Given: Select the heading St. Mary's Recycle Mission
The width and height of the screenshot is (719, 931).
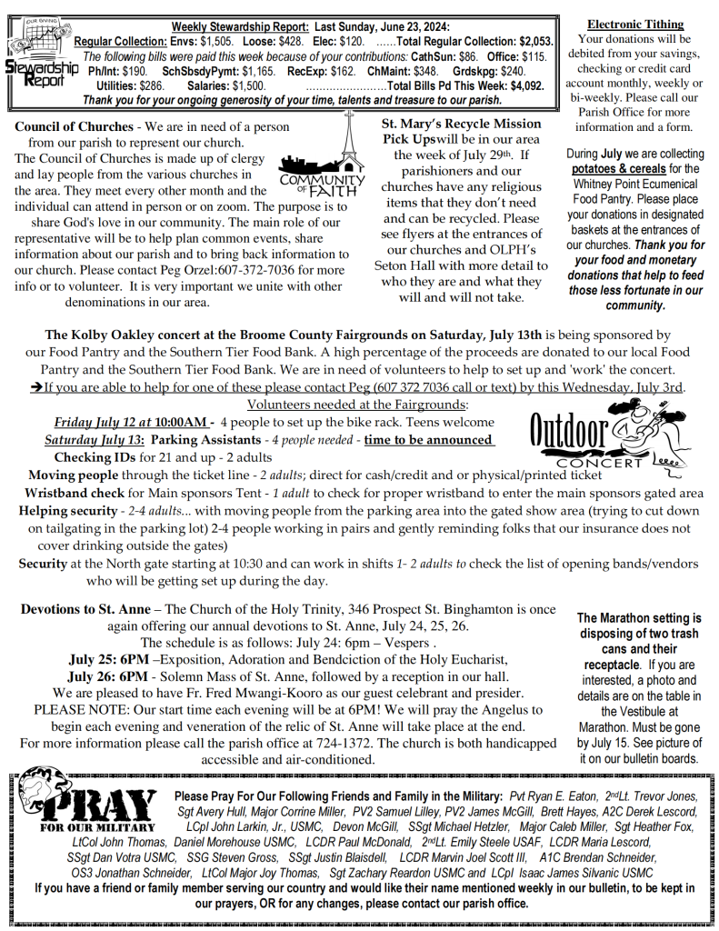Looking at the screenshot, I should (x=462, y=124).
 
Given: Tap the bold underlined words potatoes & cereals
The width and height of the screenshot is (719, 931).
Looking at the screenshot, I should (x=612, y=168).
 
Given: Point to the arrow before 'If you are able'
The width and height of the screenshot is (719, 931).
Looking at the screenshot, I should (x=35, y=387).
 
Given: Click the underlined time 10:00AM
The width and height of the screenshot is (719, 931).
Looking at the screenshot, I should (x=181, y=422).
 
